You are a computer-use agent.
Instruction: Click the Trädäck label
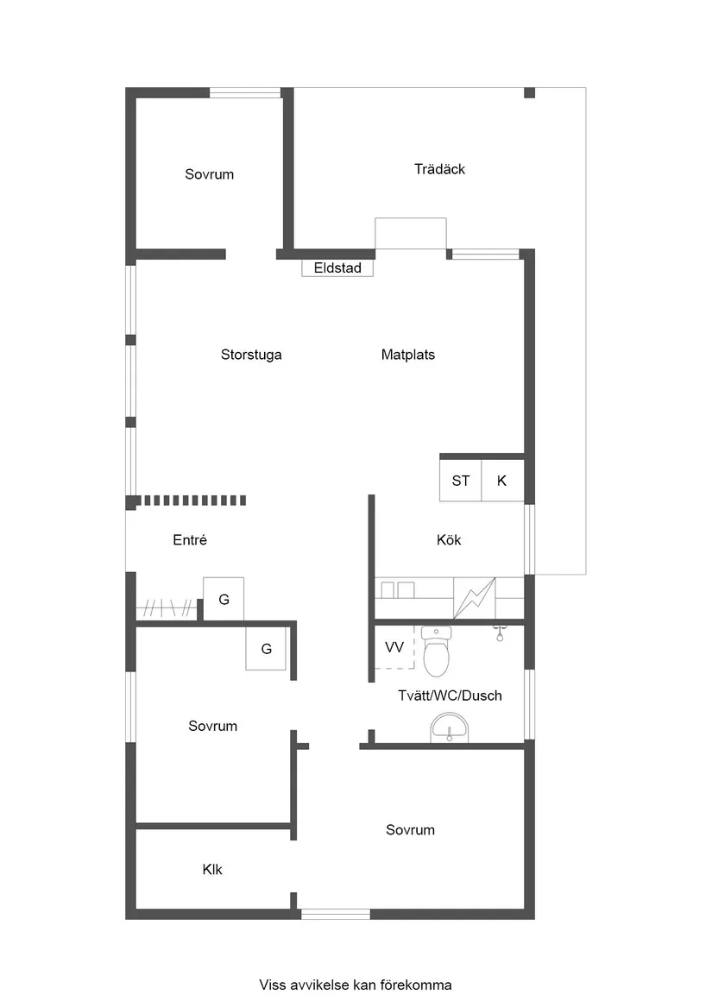point(439,169)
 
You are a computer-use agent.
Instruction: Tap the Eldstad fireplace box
point(337,267)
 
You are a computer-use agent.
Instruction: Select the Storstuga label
point(251,355)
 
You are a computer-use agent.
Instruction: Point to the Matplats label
point(408,355)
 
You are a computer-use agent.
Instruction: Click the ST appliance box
point(461,481)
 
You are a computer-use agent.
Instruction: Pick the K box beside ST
point(502,481)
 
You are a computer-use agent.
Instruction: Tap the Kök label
point(449,540)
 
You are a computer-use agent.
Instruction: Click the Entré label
point(190,540)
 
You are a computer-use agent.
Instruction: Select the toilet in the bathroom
point(437,651)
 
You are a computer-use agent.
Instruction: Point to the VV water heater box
point(394,647)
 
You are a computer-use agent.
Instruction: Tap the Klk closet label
point(212,870)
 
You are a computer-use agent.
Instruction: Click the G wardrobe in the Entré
point(224,599)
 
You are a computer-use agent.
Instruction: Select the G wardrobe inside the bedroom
point(266,649)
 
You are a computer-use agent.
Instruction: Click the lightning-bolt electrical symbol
point(475,598)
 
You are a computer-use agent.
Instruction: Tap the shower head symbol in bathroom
point(499,633)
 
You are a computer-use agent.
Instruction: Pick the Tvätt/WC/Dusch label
point(450,695)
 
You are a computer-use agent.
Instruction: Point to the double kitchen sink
point(398,589)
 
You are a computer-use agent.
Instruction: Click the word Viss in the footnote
point(272,985)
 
